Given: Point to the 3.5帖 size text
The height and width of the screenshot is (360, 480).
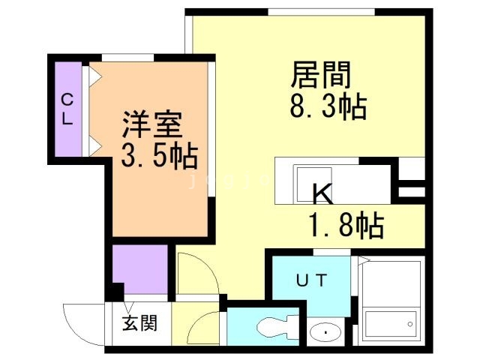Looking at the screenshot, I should tap(160, 155).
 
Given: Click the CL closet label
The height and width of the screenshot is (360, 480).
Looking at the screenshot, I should tap(67, 109).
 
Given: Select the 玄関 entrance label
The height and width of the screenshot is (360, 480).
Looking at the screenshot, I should tap(140, 325).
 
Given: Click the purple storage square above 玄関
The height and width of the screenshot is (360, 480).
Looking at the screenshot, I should tap(140, 269).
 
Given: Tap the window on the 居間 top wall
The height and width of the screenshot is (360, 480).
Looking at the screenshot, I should tap(321, 10).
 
